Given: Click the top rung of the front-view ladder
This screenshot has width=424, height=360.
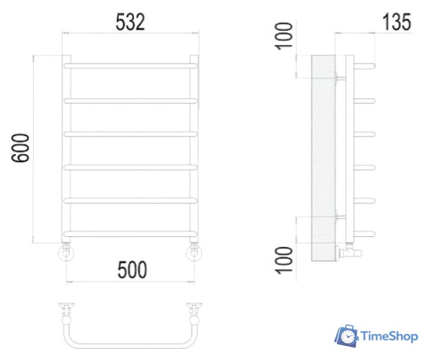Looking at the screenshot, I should tap(131, 66).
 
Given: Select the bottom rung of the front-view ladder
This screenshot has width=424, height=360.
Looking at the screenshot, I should tap(131, 233).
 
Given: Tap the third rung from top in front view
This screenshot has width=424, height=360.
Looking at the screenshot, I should tap(131, 133).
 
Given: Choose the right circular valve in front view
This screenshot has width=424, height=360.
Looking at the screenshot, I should tap(195, 254).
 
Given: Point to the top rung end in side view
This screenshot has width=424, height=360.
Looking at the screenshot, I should tap(365, 66).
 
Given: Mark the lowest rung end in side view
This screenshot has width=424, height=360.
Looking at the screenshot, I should tap(365, 233).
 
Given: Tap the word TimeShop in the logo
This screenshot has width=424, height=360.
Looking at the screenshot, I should tap(389, 336).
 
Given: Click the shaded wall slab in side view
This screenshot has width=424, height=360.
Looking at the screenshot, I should tap(323, 157).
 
